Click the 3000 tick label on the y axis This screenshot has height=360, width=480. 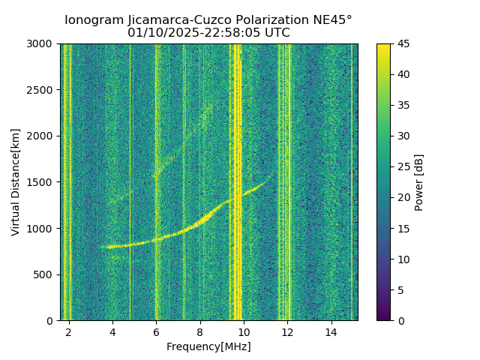[x=45, y=44]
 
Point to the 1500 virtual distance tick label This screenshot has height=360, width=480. [x=45, y=182]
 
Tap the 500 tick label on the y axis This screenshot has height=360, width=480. [x=47, y=274]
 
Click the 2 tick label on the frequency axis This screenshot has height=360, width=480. [x=69, y=331]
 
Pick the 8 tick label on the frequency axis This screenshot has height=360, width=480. [x=199, y=331]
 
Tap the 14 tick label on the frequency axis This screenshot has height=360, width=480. [x=330, y=331]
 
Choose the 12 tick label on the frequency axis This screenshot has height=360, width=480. [x=286, y=331]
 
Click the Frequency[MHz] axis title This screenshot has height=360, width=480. [x=208, y=346]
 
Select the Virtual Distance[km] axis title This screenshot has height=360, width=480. [x=16, y=182]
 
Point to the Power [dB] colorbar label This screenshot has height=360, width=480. [x=419, y=182]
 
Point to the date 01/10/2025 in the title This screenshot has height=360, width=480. [x=157, y=33]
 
